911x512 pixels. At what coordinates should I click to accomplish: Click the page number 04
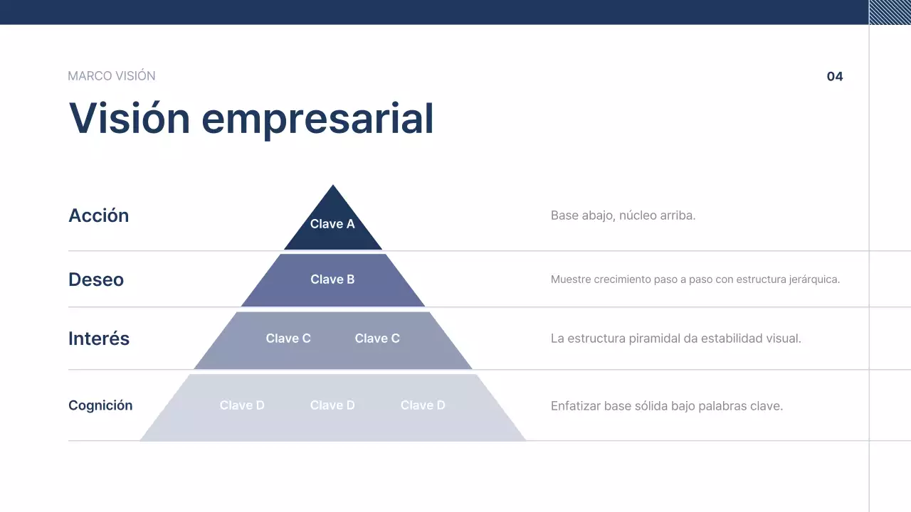835,76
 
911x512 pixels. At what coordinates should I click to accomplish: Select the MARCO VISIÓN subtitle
111,76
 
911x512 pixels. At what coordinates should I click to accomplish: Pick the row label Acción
98,215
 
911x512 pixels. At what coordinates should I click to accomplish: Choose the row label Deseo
96,279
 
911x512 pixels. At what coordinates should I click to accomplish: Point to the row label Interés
99,338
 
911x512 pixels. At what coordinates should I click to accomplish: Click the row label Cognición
100,405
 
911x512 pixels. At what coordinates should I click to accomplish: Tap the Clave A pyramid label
332,224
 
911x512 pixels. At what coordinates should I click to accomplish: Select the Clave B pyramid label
332,279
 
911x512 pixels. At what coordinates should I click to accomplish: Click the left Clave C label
288,338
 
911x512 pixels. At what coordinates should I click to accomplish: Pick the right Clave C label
377,338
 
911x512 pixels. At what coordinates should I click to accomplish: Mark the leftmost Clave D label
242,405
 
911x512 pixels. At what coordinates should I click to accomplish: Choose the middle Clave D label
332,405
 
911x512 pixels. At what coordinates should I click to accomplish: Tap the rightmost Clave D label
423,405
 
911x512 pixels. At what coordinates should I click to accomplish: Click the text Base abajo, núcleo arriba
623,215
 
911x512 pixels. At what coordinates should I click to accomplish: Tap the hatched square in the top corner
890,12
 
